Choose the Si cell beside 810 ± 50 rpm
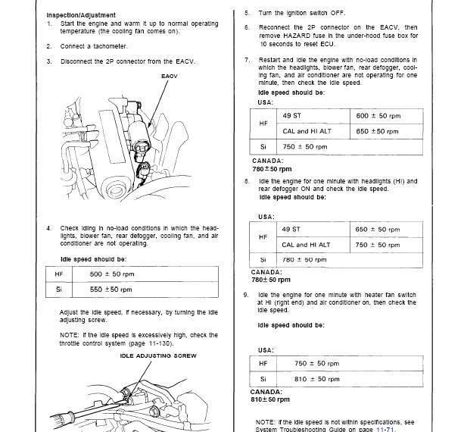(263, 378)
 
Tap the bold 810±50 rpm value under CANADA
(270, 399)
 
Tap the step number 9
(246, 294)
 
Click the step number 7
(246, 58)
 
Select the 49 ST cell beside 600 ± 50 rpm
(291, 115)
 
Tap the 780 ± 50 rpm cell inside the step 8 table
(301, 260)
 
